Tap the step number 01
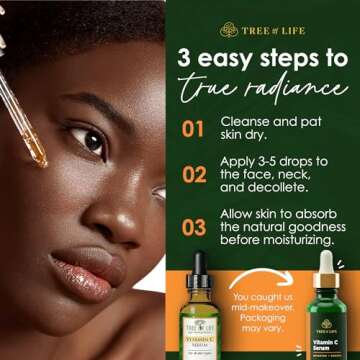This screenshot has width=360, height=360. pos(193,128)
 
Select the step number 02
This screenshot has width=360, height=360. pos(193,175)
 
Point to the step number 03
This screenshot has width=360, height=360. pos(193,226)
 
